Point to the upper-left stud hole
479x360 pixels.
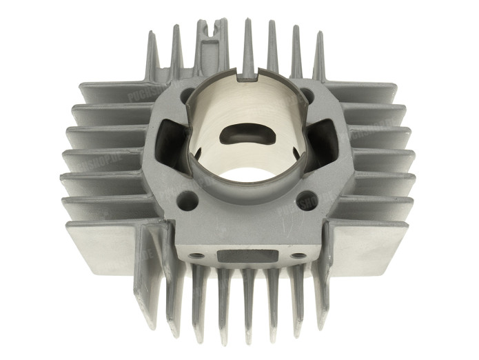(x=185, y=95)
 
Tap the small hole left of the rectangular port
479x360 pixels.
(x=199, y=255)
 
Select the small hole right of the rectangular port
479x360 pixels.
(x=298, y=255)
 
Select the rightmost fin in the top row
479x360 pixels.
(x=319, y=55)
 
